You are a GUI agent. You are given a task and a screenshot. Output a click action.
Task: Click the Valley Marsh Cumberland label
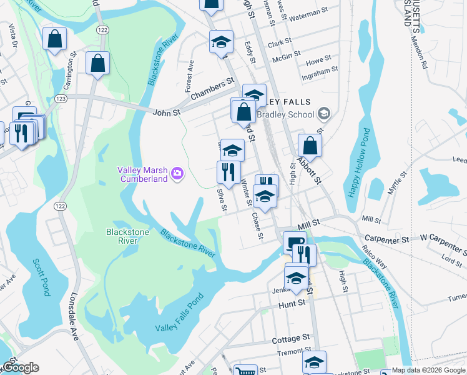[143, 174]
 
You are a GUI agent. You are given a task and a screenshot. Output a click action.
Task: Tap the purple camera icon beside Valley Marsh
[177, 173]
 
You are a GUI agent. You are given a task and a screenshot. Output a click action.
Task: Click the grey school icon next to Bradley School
[323, 114]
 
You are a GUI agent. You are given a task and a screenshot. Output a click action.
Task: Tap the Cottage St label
[291, 339]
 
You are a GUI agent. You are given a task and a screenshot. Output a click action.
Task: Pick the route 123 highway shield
[61, 99]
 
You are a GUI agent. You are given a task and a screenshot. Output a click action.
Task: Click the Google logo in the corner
[20, 367]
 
